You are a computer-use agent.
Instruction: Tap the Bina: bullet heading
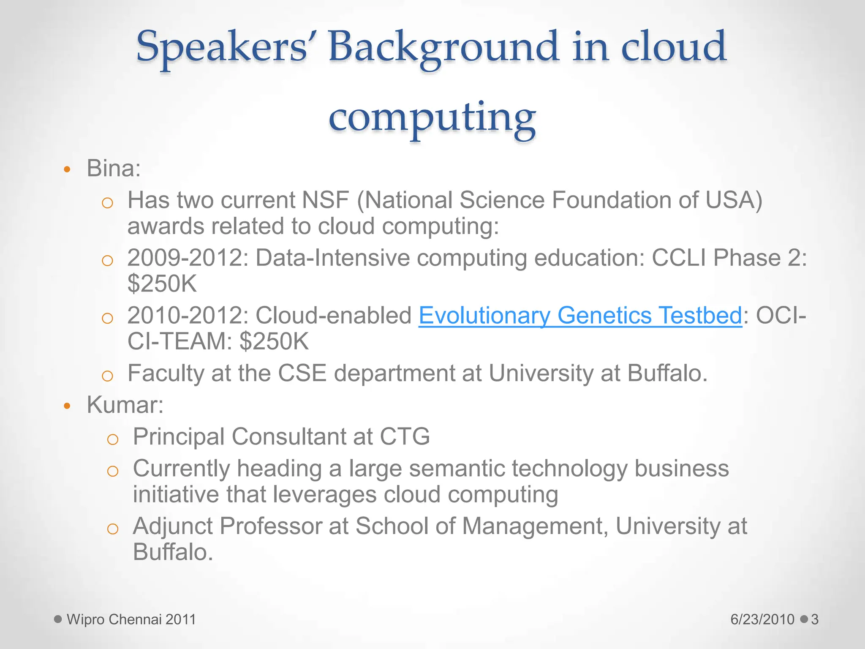pos(113,169)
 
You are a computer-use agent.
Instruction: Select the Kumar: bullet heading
pos(125,405)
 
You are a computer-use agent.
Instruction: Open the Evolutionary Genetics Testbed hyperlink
pos(580,315)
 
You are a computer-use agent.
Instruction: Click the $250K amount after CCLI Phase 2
pos(162,284)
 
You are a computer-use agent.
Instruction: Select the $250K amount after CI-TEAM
pos(274,341)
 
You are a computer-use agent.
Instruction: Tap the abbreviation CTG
pos(404,436)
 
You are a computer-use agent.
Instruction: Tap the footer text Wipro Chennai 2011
pos(131,619)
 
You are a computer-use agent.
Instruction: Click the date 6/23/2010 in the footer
pos(762,619)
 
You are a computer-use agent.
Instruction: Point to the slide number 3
pos(815,619)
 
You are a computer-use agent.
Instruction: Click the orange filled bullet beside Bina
pos(67,170)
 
